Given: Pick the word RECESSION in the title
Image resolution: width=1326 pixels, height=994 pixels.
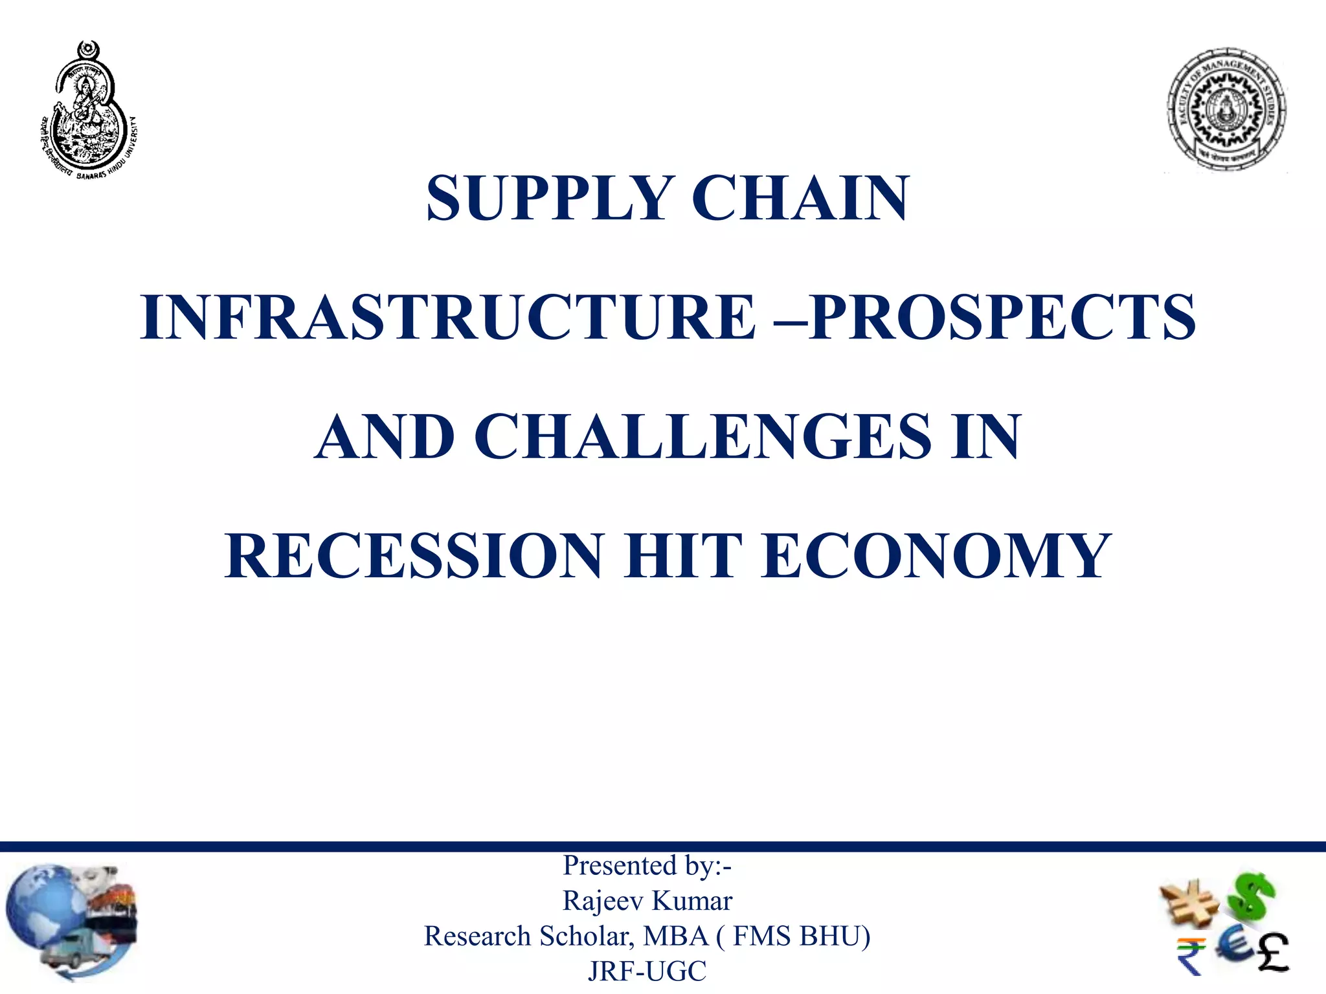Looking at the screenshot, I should tap(414, 556).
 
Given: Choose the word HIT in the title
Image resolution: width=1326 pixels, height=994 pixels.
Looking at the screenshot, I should tap(683, 556).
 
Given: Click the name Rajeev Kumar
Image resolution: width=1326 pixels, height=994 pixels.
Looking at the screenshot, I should tap(647, 901).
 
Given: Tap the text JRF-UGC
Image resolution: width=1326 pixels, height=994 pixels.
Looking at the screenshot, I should tap(647, 971).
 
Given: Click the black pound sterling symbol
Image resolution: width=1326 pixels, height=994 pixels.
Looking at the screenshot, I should tap(1273, 952).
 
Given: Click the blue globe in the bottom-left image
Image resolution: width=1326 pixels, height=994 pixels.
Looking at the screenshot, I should tap(45, 906).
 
